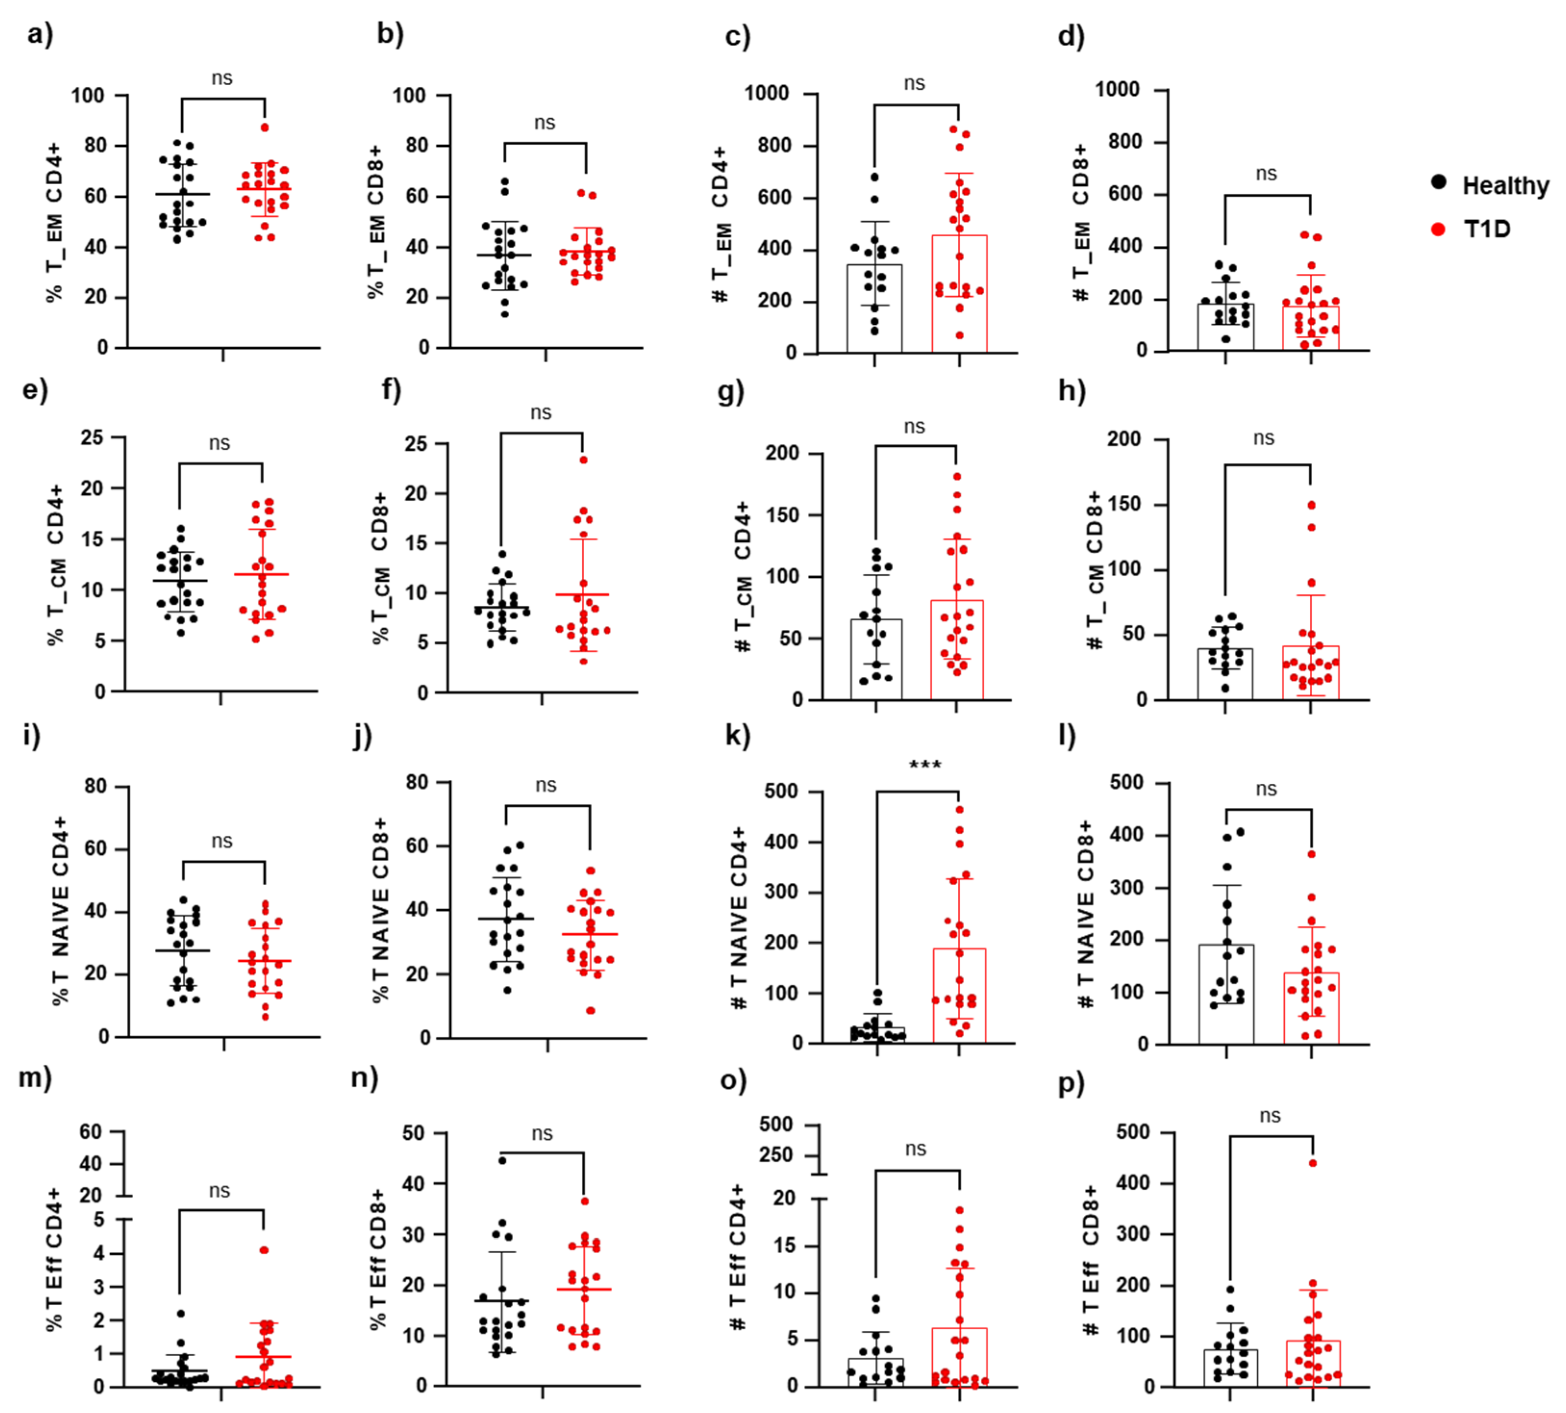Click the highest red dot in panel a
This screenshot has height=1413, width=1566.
click(x=264, y=127)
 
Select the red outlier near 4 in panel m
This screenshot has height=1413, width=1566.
click(x=264, y=1250)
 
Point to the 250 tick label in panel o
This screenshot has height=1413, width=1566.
click(x=776, y=1155)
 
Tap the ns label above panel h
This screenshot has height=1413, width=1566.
click(x=1264, y=439)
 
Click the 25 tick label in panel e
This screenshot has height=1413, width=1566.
click(x=92, y=438)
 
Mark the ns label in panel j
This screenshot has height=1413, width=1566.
click(x=546, y=786)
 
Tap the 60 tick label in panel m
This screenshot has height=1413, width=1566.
click(x=91, y=1132)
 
